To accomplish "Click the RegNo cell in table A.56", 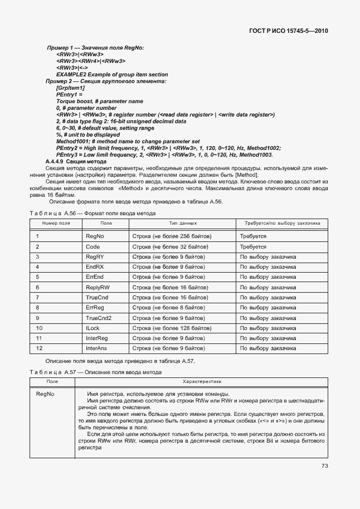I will click(x=95, y=236).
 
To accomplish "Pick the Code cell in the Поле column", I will click(x=93, y=246).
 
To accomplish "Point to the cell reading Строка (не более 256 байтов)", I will click(x=172, y=236).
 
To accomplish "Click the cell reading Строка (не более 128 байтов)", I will click(x=172, y=328).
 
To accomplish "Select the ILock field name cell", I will click(x=93, y=328).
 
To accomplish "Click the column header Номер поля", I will click(x=56, y=223).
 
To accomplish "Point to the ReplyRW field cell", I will click(x=98, y=287).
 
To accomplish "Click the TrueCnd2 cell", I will click(x=99, y=318).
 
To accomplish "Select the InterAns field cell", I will click(x=96, y=348).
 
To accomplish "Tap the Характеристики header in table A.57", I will click(x=201, y=381).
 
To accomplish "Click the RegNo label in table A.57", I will click(x=45, y=395).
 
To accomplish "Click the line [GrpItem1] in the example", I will click(x=70, y=88).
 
